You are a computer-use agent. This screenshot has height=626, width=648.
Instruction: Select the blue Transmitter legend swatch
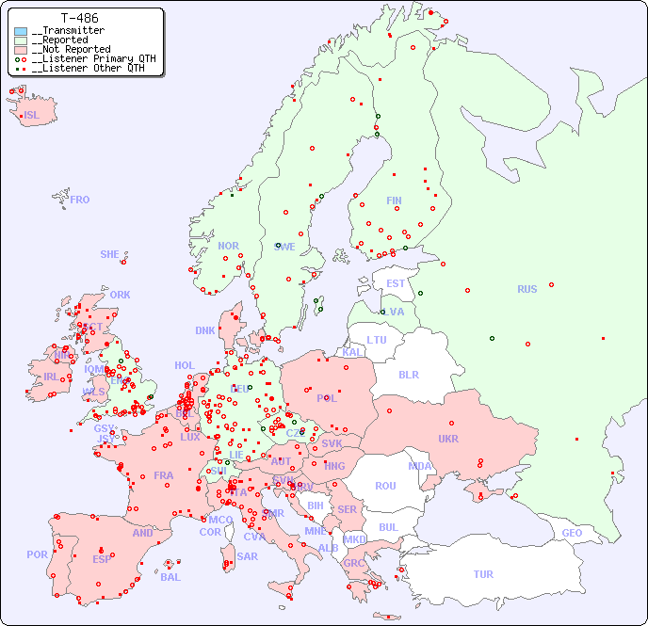21,31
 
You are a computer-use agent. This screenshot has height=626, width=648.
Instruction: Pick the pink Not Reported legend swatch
21,49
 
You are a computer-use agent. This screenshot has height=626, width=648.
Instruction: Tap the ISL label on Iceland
32,116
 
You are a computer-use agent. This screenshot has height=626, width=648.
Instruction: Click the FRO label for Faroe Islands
80,200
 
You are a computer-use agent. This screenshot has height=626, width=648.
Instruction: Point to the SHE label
109,254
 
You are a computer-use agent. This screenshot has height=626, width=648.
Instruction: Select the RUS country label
526,289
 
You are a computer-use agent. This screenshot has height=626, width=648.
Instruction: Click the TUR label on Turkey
483,574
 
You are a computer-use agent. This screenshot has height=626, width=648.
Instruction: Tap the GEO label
572,533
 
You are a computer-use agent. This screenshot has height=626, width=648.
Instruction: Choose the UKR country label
447,439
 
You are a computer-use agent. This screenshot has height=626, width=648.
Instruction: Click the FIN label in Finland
394,201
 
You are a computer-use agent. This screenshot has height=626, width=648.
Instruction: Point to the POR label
37,554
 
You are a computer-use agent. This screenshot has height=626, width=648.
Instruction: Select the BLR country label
408,374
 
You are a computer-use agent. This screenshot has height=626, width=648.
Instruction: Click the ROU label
385,486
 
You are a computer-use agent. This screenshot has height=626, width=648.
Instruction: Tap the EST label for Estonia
396,283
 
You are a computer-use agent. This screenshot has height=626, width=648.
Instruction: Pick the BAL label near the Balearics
170,577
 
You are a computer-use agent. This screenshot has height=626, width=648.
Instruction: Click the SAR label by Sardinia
247,556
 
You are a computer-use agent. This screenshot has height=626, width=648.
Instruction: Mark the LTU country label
377,340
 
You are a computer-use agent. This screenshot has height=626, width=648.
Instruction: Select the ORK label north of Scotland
120,295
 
